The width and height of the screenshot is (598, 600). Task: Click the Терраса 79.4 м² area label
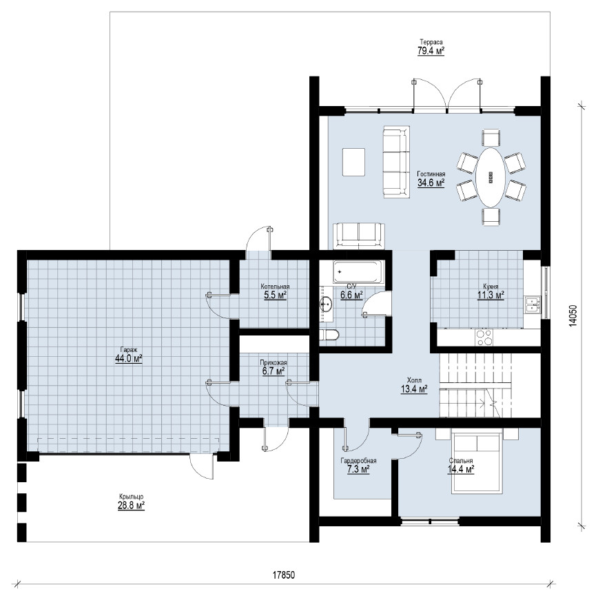pyautogui.click(x=431, y=47)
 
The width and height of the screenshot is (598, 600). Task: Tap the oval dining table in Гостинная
pyautogui.click(x=491, y=177)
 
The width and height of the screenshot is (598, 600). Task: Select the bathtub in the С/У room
pyautogui.click(x=357, y=272)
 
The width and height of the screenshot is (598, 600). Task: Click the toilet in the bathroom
pyautogui.click(x=329, y=335)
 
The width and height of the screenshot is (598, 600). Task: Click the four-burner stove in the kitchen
pyautogui.click(x=484, y=338)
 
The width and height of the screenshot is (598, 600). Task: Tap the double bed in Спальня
pyautogui.click(x=477, y=463)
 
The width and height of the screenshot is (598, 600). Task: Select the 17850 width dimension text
pyautogui.click(x=284, y=575)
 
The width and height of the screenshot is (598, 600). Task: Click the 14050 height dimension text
pyautogui.click(x=572, y=315)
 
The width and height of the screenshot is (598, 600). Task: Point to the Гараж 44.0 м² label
pyautogui.click(x=129, y=355)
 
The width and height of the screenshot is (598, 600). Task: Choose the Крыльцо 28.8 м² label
pyautogui.click(x=131, y=501)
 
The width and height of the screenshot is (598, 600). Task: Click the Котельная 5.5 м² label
pyautogui.click(x=275, y=291)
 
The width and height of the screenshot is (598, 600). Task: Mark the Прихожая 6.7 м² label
pyautogui.click(x=274, y=367)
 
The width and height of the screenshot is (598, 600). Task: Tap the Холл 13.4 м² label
pyautogui.click(x=414, y=385)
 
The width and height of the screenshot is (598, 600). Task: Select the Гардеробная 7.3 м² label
pyautogui.click(x=358, y=465)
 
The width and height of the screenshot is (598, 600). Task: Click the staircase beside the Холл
pyautogui.click(x=475, y=385)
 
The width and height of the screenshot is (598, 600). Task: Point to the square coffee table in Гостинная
pyautogui.click(x=353, y=162)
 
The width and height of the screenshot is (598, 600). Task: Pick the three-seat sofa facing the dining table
pyautogui.click(x=396, y=163)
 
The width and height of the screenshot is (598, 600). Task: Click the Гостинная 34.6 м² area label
pyautogui.click(x=431, y=178)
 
